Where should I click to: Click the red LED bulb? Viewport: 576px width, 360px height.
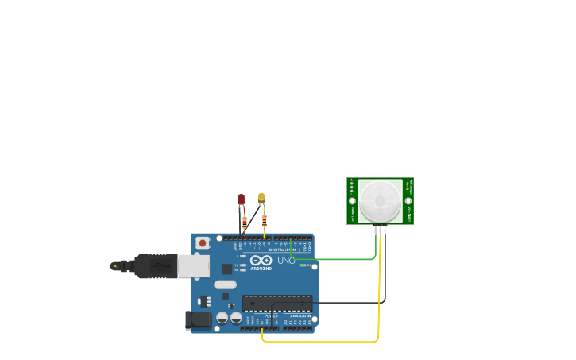tap(242, 199)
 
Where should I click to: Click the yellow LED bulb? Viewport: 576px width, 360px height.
tap(261, 197)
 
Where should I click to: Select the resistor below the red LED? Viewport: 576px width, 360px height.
tap(245, 222)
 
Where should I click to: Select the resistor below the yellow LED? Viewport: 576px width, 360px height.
tap(265, 220)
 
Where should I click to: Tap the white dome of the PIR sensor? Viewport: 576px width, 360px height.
tap(380, 200)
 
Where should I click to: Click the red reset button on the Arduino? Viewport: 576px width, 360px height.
tap(203, 242)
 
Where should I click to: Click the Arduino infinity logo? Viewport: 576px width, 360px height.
tap(261, 260)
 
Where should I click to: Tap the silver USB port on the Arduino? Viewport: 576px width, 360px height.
tap(193, 265)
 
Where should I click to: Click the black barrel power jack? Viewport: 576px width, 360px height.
tap(198, 319)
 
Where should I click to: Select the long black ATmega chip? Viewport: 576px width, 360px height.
tap(277, 303)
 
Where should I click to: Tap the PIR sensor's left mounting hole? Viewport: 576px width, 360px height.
tap(352, 201)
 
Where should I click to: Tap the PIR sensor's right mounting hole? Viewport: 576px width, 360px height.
tap(408, 201)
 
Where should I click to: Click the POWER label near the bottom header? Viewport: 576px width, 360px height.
tap(271, 315)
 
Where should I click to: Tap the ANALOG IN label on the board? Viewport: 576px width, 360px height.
tap(300, 315)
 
